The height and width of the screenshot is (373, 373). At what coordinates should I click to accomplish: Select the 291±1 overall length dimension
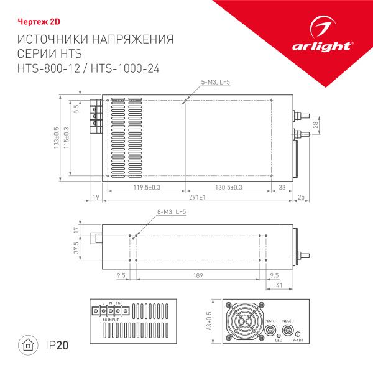(x=198, y=197)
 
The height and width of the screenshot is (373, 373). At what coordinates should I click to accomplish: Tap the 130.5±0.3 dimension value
(x=228, y=186)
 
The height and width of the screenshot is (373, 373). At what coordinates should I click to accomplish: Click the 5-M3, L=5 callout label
(x=216, y=83)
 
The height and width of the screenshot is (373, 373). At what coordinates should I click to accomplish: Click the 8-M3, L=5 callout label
(x=172, y=213)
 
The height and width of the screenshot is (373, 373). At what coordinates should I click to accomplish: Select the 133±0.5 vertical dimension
(x=57, y=137)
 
